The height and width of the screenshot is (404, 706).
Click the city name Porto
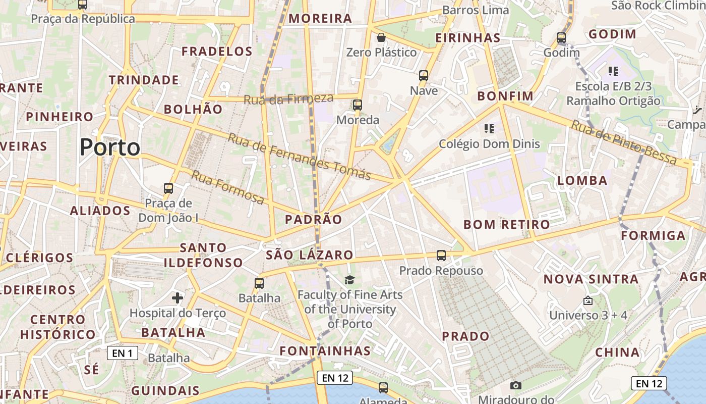coord(110,147)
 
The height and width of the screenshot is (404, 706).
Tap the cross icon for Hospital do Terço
coord(178,298)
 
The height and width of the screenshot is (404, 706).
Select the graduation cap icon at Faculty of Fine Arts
coord(349,280)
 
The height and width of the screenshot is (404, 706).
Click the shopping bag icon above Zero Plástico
coord(381,37)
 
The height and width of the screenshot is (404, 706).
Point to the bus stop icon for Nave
coord(424,76)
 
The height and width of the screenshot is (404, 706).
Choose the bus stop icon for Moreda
coord(358,105)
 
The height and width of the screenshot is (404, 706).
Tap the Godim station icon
coord(561,38)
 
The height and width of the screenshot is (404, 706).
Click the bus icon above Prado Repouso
coord(441,256)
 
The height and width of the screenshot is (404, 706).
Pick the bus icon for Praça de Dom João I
coord(168,188)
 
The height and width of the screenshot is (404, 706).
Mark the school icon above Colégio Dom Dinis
coord(489,129)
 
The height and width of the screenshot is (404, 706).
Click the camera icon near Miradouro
coord(515,386)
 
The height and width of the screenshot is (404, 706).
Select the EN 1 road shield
coord(123,353)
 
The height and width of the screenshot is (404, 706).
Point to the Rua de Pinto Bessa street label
coord(623,142)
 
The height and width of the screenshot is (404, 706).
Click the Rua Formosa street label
coord(227,187)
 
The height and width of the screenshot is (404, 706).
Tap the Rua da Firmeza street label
coord(288,99)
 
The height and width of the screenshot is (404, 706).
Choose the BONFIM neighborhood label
coord(505,96)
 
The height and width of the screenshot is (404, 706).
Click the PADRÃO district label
coord(313,219)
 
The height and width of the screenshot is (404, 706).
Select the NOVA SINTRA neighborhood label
coord(591,279)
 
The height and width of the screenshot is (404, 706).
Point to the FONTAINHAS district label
coord(325,351)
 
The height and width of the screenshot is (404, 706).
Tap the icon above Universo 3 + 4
coord(587,300)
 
